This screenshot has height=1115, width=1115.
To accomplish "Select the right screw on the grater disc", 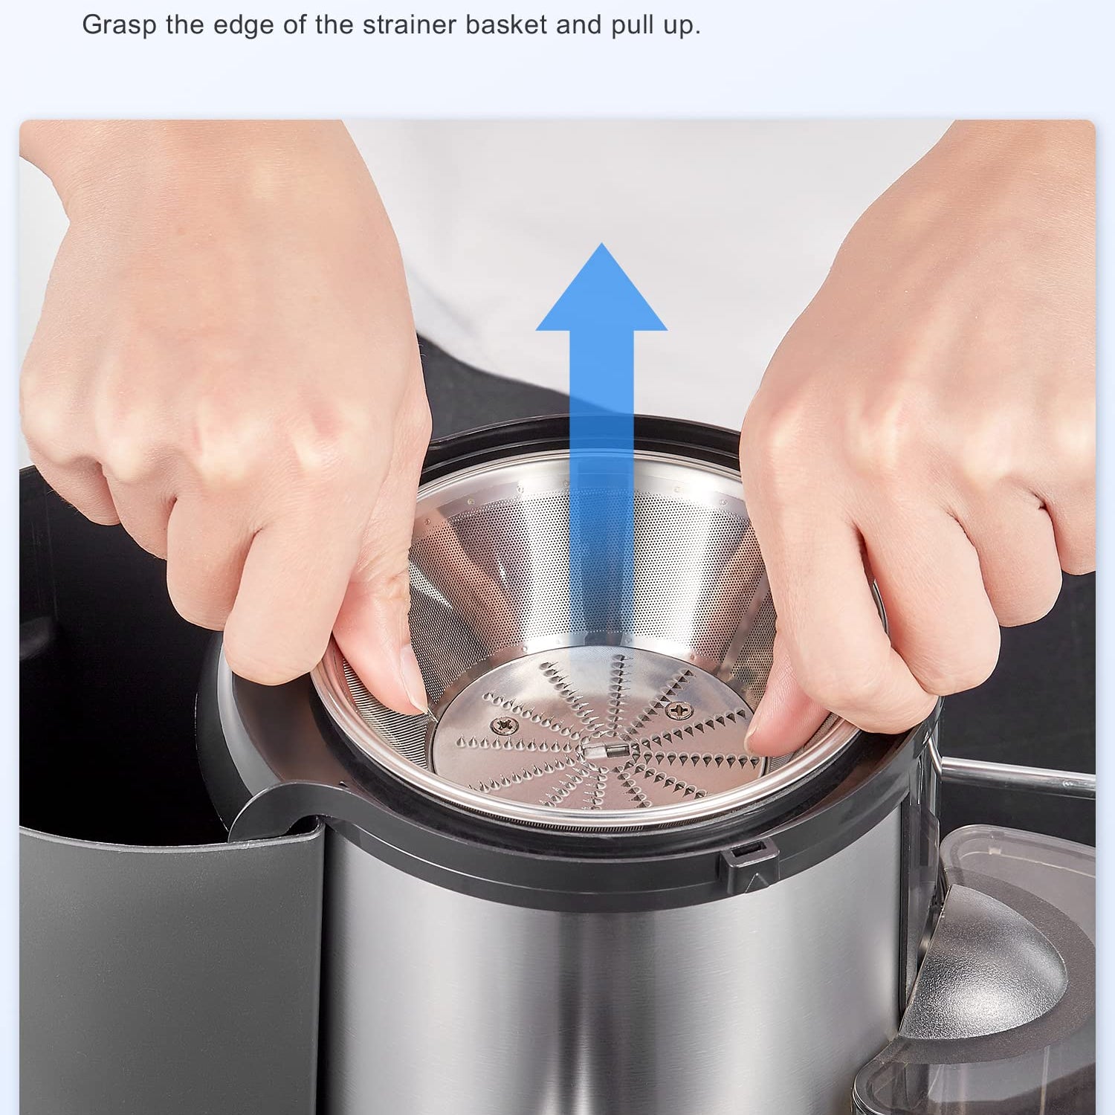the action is pyautogui.click(x=678, y=711).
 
